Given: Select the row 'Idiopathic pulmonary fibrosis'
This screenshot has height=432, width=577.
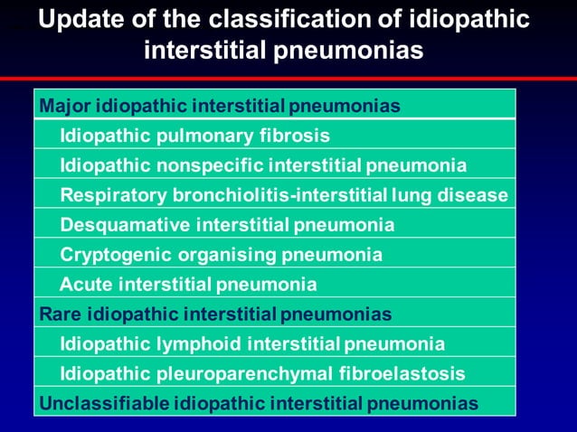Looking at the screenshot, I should click(194, 136).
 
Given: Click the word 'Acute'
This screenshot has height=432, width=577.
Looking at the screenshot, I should click(84, 285).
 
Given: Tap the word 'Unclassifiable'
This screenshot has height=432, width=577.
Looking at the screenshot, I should click(103, 403).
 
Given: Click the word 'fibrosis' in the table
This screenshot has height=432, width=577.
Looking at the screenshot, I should click(297, 136).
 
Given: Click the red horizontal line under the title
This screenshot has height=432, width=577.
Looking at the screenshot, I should click(288, 79).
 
